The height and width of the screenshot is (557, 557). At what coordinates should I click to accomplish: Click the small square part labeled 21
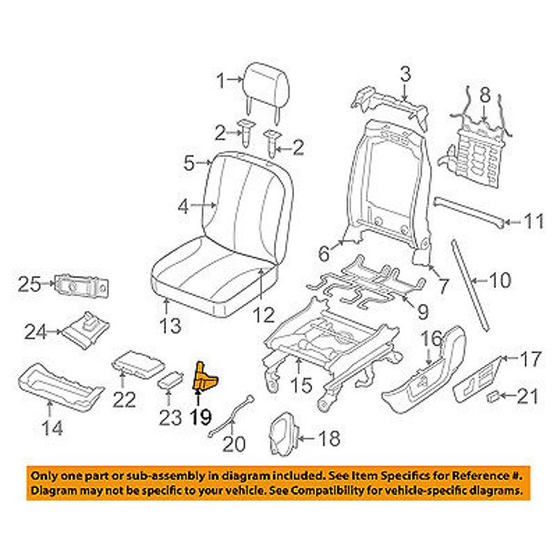point(491,396)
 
